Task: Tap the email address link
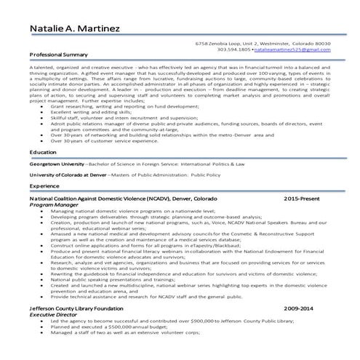coord(291,49)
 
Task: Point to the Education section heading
coord(43,152)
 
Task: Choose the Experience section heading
coord(44,186)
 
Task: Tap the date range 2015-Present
coord(301,199)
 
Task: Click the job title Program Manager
coord(53,205)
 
